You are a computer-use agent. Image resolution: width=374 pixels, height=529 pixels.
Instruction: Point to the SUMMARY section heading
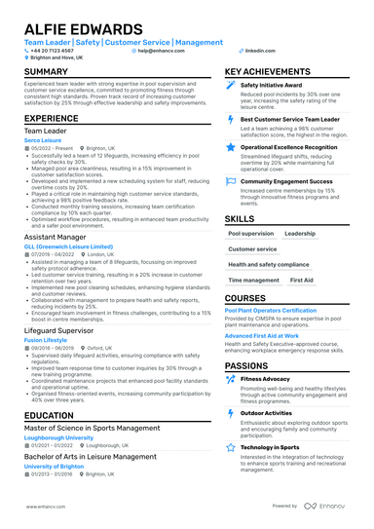(46, 72)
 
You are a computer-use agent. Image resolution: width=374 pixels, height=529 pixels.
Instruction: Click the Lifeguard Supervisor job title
(65, 329)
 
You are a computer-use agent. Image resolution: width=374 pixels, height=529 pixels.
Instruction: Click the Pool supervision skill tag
(250, 234)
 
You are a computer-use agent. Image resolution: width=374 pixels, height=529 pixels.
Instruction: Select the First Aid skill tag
(302, 280)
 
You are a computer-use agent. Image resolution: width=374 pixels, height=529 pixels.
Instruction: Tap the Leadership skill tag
(299, 234)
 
